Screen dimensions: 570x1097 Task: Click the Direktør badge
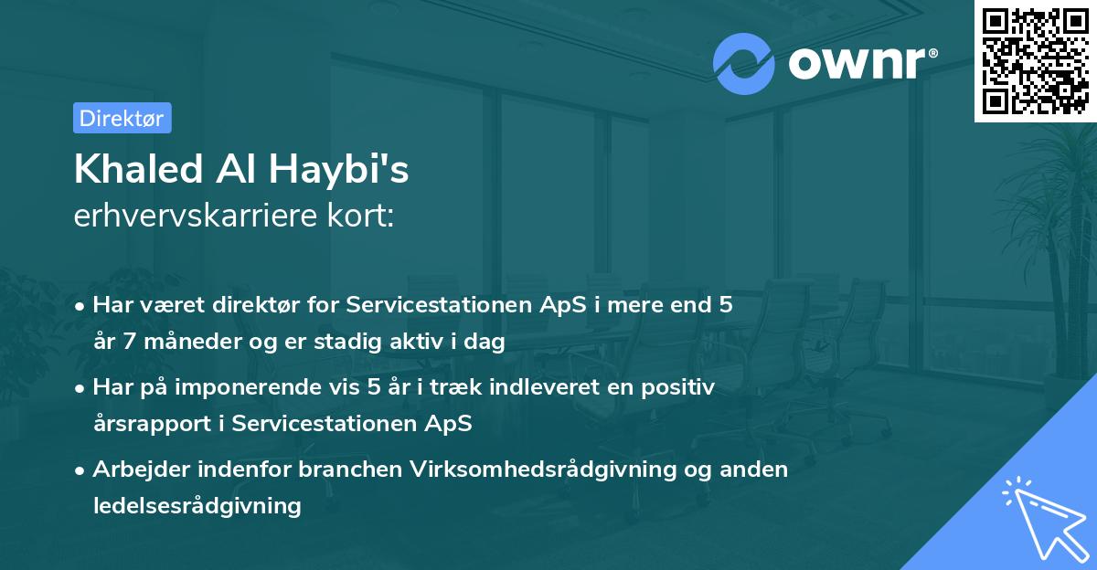click(122, 118)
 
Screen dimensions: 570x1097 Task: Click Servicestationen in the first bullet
click(420, 305)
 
